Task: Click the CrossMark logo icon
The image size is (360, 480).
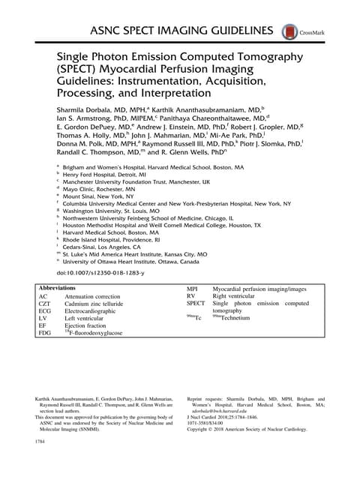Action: coord(286,32)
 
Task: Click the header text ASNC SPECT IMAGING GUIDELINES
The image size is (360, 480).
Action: coord(182,30)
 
